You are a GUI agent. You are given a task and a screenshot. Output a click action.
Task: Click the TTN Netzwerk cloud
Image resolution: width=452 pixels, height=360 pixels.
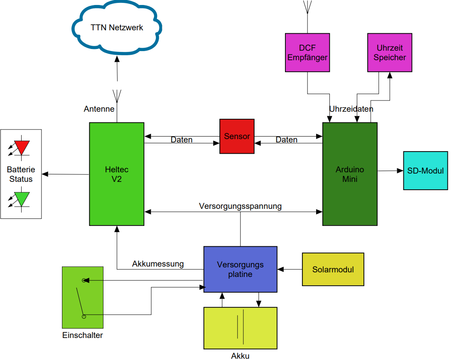click(x=117, y=28)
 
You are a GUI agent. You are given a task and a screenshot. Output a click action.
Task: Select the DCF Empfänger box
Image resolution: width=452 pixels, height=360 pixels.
click(x=307, y=53)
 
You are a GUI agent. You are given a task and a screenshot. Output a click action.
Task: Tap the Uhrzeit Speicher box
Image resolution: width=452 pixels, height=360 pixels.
click(x=390, y=53)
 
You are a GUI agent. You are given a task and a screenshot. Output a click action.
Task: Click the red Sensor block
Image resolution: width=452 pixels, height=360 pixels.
click(x=237, y=136)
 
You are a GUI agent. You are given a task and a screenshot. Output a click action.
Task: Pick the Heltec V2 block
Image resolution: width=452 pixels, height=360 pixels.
click(x=117, y=174)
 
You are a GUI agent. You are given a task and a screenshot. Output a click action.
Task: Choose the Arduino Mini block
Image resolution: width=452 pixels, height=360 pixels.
click(x=350, y=174)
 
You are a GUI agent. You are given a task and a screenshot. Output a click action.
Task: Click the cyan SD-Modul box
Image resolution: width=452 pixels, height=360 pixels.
click(x=425, y=171)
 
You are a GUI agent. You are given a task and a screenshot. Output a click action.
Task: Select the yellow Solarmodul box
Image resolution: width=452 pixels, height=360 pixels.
click(x=333, y=269)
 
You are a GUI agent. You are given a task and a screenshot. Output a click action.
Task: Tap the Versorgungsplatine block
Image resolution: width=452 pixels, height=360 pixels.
click(x=240, y=269)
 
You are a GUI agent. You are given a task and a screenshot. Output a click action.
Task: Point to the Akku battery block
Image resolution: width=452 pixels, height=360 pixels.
click(x=240, y=328)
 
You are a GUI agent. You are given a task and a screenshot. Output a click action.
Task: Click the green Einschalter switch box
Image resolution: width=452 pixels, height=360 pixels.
click(x=82, y=298)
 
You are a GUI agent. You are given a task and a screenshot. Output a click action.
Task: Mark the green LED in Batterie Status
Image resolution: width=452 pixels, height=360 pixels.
click(x=22, y=199)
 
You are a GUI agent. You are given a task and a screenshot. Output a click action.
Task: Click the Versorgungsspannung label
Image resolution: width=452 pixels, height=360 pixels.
click(x=240, y=206)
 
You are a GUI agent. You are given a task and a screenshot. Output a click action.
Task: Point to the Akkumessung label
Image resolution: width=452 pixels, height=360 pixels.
click(x=158, y=264)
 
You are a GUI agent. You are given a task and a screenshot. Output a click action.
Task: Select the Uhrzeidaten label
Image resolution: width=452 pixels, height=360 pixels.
click(x=351, y=109)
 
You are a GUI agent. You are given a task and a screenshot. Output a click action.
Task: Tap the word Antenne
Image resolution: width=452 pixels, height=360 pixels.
click(x=99, y=109)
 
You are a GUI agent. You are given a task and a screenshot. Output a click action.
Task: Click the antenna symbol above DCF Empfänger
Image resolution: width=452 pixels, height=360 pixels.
click(x=307, y=7)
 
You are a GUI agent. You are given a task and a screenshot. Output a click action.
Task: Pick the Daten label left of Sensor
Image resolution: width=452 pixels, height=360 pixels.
click(x=182, y=140)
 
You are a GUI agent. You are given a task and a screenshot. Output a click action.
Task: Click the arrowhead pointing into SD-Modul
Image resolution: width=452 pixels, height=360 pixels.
click(x=400, y=171)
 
